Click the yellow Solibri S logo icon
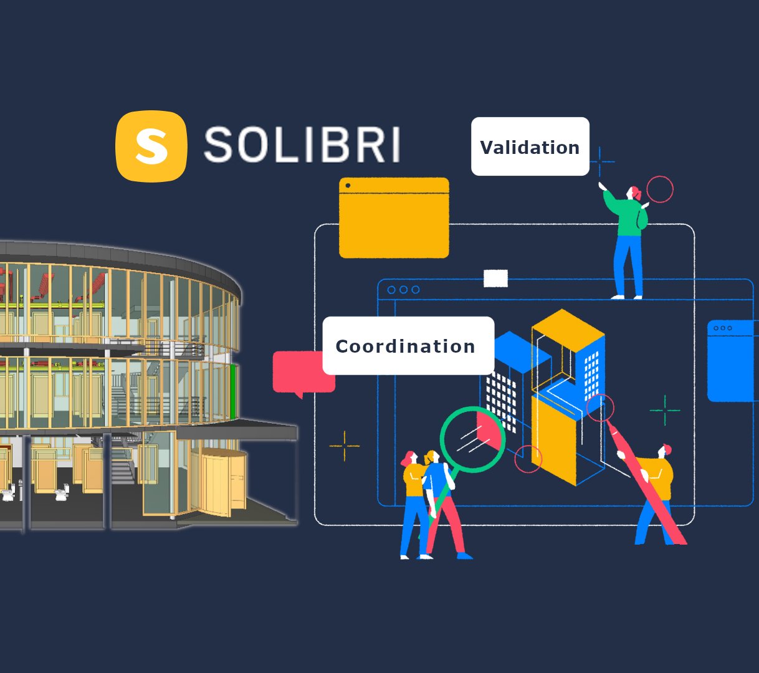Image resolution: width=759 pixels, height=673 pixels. [151, 146]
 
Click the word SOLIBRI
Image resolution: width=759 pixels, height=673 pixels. [302, 145]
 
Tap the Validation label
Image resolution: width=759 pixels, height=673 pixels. [530, 146]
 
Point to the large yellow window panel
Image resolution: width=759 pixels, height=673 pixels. [394, 218]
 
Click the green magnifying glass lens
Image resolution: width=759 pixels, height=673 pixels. [472, 439]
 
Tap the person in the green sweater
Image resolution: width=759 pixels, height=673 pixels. [630, 237]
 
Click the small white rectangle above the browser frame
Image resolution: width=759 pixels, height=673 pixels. [495, 279]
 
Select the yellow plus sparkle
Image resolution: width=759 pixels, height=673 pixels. [345, 446]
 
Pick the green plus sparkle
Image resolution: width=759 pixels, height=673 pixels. [665, 410]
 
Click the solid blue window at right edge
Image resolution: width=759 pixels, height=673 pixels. [732, 361]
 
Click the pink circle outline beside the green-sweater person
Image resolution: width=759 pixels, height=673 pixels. [660, 189]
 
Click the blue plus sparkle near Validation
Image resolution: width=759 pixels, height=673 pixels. [600, 162]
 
